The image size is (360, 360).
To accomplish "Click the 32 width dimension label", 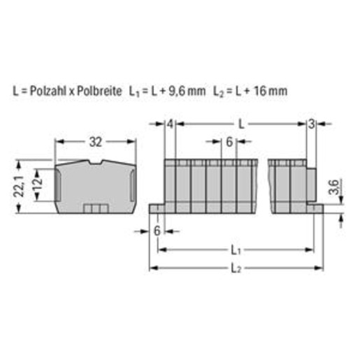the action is pos(96,142).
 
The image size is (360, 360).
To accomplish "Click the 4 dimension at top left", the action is pos(171,124).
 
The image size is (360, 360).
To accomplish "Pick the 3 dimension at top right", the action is pos(311,124).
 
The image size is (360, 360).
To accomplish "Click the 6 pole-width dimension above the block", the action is pos(229,142).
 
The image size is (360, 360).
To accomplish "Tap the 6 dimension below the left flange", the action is pos(157,231).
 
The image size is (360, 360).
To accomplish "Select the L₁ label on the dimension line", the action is pos(236,250).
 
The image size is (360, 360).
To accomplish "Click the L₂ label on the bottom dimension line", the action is pos(236,268).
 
